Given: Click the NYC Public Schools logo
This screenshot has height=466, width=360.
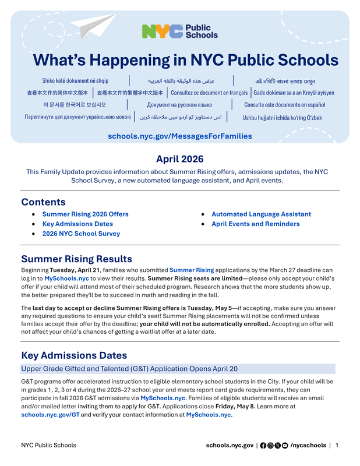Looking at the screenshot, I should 179,31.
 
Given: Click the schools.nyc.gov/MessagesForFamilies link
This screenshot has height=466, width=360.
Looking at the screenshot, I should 179,136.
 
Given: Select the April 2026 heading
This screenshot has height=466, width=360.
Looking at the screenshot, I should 179,159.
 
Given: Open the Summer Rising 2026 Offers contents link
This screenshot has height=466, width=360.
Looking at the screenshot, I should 85,214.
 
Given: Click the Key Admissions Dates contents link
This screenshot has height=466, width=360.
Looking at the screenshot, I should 77,224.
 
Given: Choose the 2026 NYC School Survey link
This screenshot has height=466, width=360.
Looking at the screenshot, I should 81,234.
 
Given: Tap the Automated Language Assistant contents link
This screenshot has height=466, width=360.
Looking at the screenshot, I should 261,214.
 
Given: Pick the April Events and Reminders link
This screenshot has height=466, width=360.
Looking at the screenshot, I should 255,224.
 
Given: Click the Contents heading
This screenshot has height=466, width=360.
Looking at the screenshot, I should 43,202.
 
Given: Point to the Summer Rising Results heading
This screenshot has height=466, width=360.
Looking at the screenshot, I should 76,259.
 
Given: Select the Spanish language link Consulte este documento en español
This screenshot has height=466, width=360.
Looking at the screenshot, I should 284,105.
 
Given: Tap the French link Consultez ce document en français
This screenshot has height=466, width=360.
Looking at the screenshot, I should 209,93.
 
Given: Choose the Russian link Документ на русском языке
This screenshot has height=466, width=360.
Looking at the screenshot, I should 179,105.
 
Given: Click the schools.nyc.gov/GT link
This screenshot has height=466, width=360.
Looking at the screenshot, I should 50,415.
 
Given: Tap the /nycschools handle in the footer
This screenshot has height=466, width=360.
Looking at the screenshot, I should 308,446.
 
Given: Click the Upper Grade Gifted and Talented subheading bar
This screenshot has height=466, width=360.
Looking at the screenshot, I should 178,369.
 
